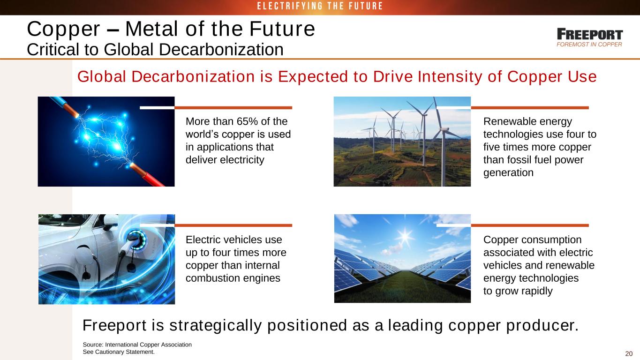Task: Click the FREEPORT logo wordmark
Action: (x=590, y=34)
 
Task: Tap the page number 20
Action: (x=629, y=353)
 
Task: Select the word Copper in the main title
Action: (x=63, y=29)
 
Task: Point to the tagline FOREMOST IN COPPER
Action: (x=589, y=45)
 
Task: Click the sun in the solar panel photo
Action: (x=405, y=237)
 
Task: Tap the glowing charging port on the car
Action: (x=136, y=239)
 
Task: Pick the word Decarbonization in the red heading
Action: (x=193, y=76)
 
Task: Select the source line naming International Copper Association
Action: (x=137, y=345)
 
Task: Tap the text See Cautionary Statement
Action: (x=119, y=352)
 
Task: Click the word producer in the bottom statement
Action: (x=542, y=325)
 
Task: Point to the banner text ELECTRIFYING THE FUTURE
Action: (x=320, y=6)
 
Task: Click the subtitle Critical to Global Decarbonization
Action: (x=155, y=49)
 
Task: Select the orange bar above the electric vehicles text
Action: (x=233, y=225)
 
